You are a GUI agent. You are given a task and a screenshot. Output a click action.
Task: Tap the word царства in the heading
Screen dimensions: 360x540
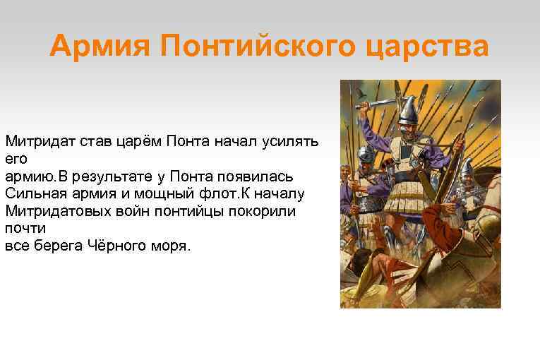430,47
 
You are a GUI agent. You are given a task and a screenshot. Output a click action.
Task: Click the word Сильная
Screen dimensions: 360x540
32,193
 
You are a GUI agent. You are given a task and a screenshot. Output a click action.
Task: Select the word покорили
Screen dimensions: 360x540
265,210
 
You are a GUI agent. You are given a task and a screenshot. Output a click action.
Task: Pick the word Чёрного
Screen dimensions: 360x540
119,246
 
